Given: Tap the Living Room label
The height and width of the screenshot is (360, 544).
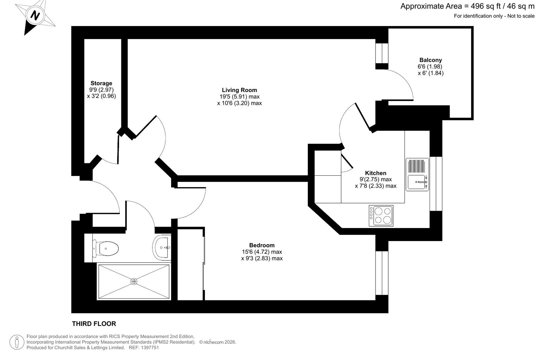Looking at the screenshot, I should pos(239,90).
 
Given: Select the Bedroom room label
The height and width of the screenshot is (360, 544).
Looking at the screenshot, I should pos(262,245).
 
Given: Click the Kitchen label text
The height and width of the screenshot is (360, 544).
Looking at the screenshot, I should pos(376,173).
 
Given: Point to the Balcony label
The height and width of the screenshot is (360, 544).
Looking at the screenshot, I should pos(431,60).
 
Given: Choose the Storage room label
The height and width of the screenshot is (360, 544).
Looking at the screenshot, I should pos(101,83).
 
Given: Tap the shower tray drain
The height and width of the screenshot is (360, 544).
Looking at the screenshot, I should pos(134,282).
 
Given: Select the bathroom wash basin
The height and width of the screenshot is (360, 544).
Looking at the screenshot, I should pos(162,247).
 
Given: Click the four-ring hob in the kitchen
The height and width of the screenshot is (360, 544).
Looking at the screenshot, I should pos(381,216).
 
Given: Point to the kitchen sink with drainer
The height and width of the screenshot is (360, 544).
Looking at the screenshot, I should pos(417,175).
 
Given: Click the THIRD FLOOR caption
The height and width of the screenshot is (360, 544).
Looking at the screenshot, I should pos(94,324).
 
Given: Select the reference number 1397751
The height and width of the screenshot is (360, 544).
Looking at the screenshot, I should pos(150,348).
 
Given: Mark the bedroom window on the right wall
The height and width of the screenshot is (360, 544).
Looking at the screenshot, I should pos(382,273).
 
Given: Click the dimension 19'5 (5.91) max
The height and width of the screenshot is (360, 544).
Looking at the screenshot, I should pos(239,97).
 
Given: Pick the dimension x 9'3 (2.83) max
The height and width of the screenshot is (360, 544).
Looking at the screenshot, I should pos(262,258).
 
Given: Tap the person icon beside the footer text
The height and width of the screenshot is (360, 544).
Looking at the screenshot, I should pos(17,342).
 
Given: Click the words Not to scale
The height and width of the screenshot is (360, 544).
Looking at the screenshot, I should pos(521,16).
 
